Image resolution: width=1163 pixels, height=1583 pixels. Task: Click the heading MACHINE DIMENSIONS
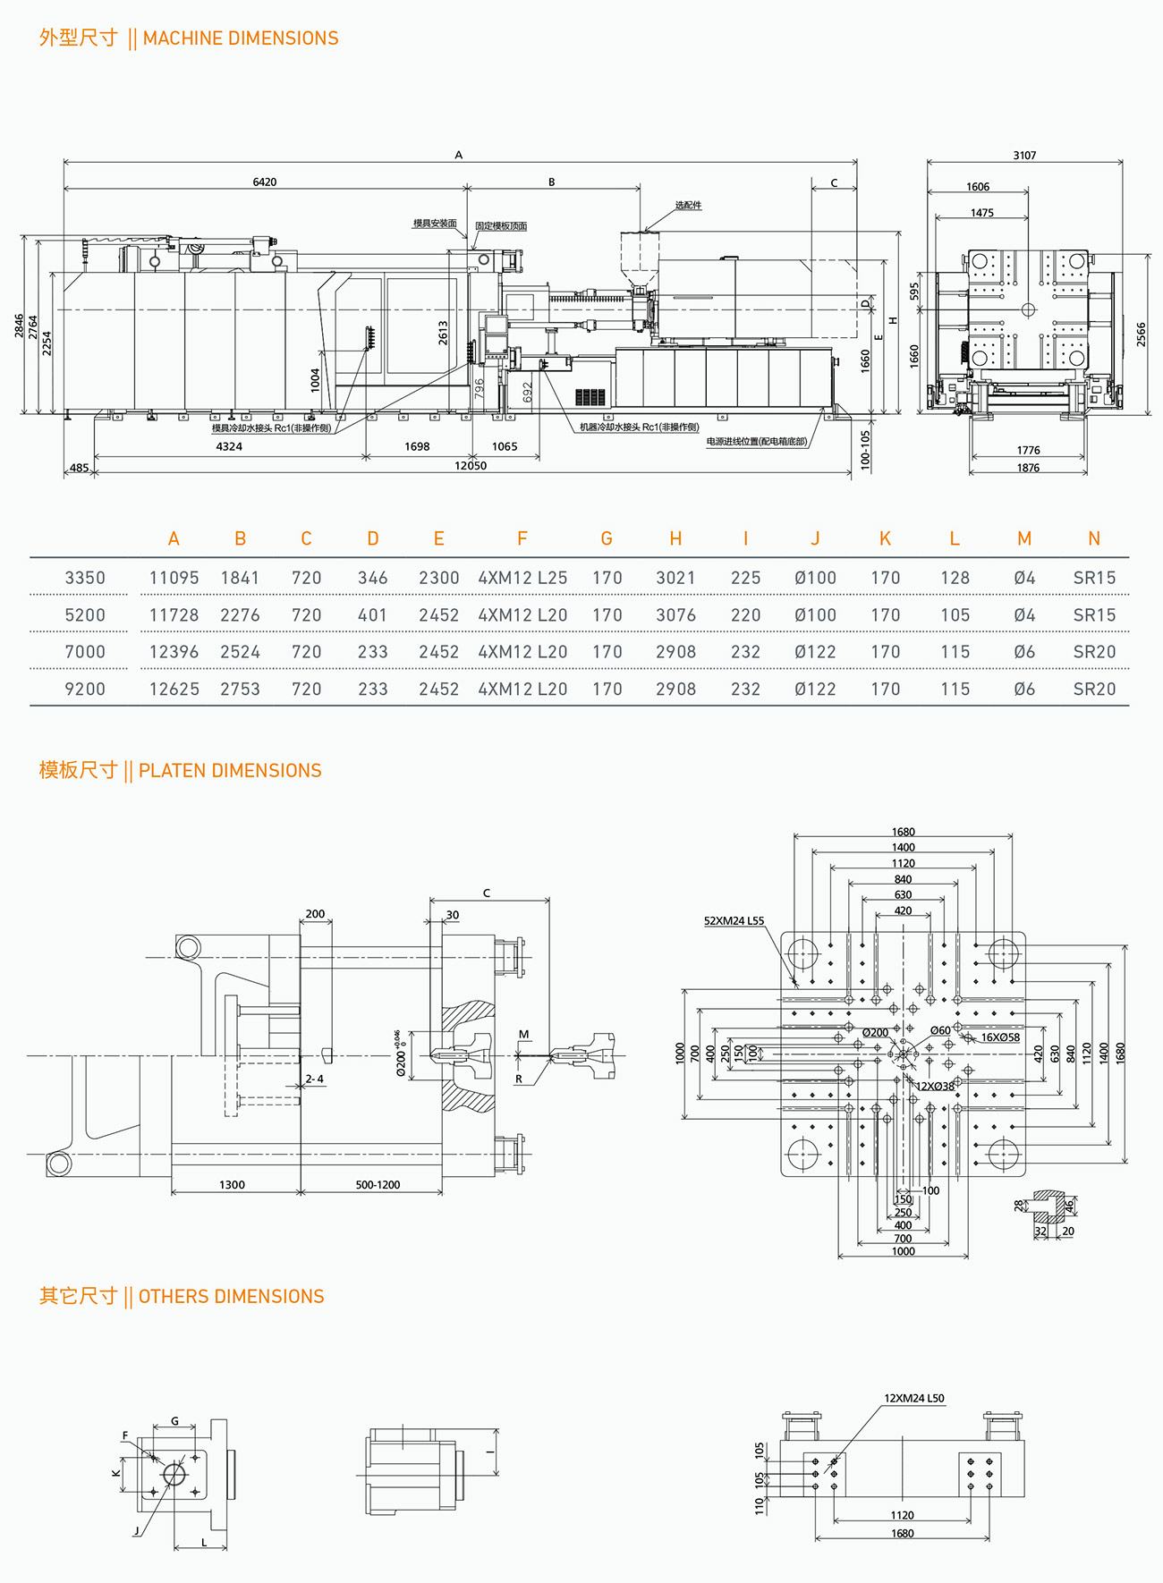tap(241, 38)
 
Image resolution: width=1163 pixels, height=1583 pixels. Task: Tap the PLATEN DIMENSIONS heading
tap(230, 771)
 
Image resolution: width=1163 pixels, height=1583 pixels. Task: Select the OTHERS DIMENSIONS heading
tap(231, 1297)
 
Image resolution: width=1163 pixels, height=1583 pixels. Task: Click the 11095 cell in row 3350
tap(174, 578)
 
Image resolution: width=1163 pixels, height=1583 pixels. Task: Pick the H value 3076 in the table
tap(675, 615)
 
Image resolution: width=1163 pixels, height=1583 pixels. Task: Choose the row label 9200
tap(85, 690)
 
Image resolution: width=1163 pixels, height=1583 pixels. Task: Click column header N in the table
tap(1094, 538)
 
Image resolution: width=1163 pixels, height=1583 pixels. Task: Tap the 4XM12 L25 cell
tap(522, 578)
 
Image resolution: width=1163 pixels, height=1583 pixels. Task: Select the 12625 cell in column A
tap(174, 690)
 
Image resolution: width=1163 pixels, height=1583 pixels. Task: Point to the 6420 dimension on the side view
tap(265, 182)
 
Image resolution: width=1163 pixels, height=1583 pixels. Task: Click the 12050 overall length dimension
tap(471, 466)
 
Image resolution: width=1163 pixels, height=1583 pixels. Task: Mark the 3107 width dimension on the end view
tap(1024, 156)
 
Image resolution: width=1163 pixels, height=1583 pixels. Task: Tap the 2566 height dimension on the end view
tap(1141, 334)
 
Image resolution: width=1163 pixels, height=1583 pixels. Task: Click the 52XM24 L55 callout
tap(734, 920)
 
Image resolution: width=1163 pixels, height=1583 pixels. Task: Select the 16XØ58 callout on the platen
tap(1000, 1037)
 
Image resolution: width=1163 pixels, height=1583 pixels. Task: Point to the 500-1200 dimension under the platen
tap(378, 1185)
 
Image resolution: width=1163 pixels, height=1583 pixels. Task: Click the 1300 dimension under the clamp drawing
tap(232, 1185)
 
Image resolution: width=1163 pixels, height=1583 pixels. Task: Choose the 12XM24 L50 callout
tap(914, 1399)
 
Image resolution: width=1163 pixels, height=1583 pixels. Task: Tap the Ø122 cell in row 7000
tap(815, 653)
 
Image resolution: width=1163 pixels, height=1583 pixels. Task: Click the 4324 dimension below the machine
tap(229, 446)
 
